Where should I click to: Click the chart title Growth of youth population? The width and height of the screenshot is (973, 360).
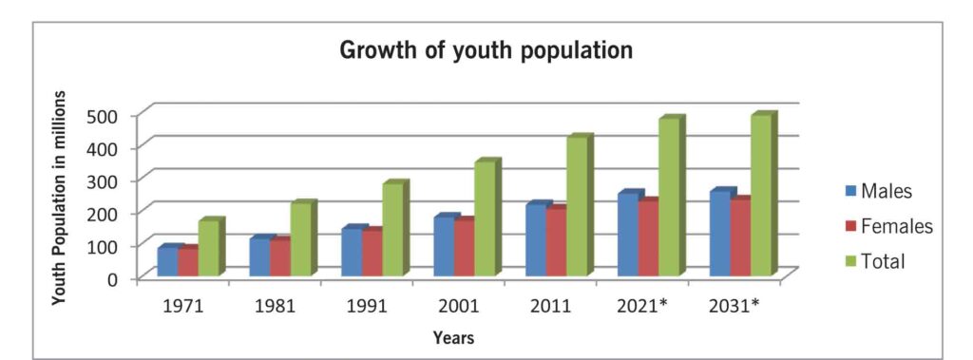coord(486,50)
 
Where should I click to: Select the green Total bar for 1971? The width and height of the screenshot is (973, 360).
coord(208,249)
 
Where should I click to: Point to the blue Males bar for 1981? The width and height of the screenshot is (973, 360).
coord(259,257)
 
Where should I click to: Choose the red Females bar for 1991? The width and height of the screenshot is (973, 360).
coord(372,254)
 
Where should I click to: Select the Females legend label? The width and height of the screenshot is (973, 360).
coord(896,226)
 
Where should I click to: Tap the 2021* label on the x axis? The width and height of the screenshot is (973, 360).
coord(641,307)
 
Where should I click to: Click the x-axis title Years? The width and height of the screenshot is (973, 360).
coord(454,337)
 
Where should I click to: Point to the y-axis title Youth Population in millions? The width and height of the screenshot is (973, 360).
coord(60,198)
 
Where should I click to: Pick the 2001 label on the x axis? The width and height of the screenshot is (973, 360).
coord(460,307)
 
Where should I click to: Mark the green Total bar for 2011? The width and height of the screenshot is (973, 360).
coord(577,206)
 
